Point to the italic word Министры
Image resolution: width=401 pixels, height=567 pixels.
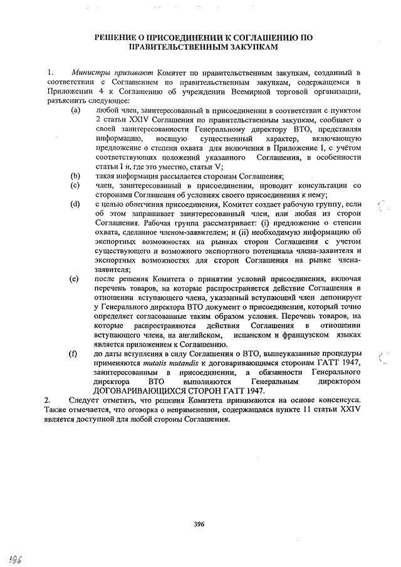tap(88, 75)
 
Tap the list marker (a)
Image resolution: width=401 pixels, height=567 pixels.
tap(76, 110)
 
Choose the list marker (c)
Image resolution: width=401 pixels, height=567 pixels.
tap(76, 185)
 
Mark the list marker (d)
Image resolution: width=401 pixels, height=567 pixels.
tap(76, 204)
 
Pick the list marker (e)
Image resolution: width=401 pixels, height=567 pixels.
tap(76, 278)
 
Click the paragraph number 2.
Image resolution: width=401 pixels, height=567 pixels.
tap(48, 399)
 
